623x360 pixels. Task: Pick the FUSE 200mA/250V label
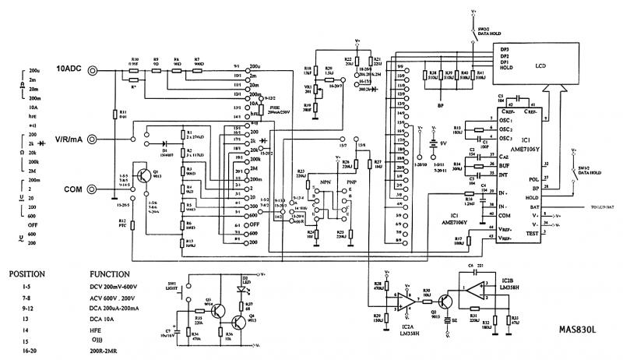click(282, 110)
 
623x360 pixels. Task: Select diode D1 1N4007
click(164, 145)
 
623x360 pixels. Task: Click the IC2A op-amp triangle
click(407, 298)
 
